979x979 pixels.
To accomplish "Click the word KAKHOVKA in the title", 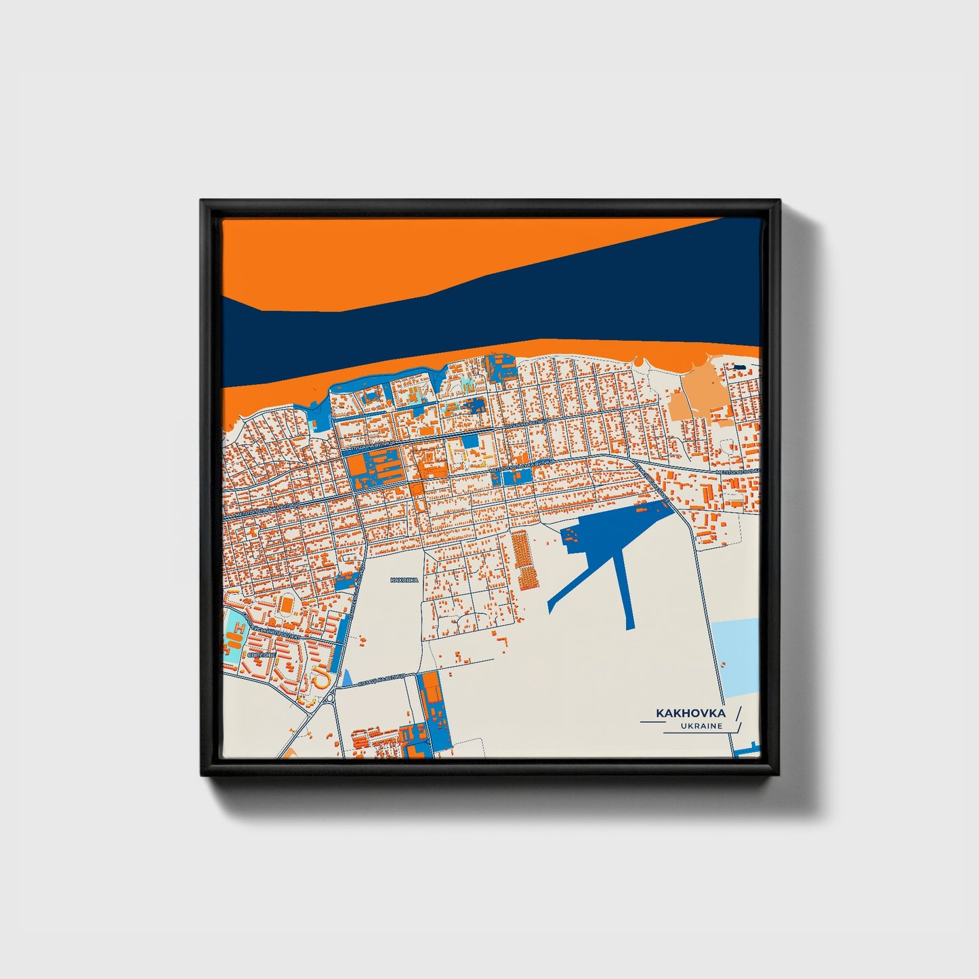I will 690,713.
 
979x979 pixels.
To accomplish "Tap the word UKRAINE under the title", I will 703,726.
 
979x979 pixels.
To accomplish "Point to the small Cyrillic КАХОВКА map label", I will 405,580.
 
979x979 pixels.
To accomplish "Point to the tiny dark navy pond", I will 738,367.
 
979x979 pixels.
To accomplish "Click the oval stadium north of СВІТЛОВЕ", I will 287,602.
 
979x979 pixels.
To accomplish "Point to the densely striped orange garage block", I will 524,560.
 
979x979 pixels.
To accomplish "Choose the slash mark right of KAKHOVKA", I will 737,713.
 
